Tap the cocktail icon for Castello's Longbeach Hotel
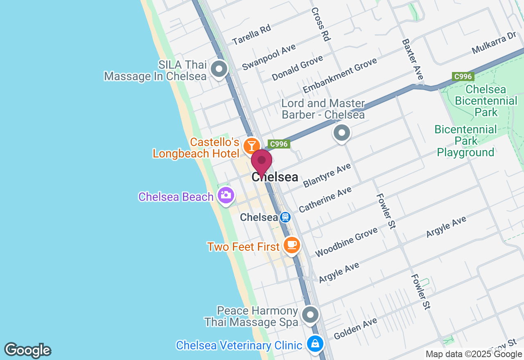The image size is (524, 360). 250,146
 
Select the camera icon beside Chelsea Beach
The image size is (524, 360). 226,196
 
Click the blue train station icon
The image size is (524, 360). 285,217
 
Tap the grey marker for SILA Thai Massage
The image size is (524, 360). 219,69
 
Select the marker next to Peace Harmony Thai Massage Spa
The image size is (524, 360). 310,315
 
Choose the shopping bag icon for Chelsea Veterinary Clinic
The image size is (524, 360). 315,344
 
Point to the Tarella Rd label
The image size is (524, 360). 251,35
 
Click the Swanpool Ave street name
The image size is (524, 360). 269,57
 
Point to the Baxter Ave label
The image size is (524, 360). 412,59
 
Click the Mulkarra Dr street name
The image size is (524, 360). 494,43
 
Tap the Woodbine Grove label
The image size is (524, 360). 346,242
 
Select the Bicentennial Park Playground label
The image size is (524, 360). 466,141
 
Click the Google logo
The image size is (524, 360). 27,350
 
